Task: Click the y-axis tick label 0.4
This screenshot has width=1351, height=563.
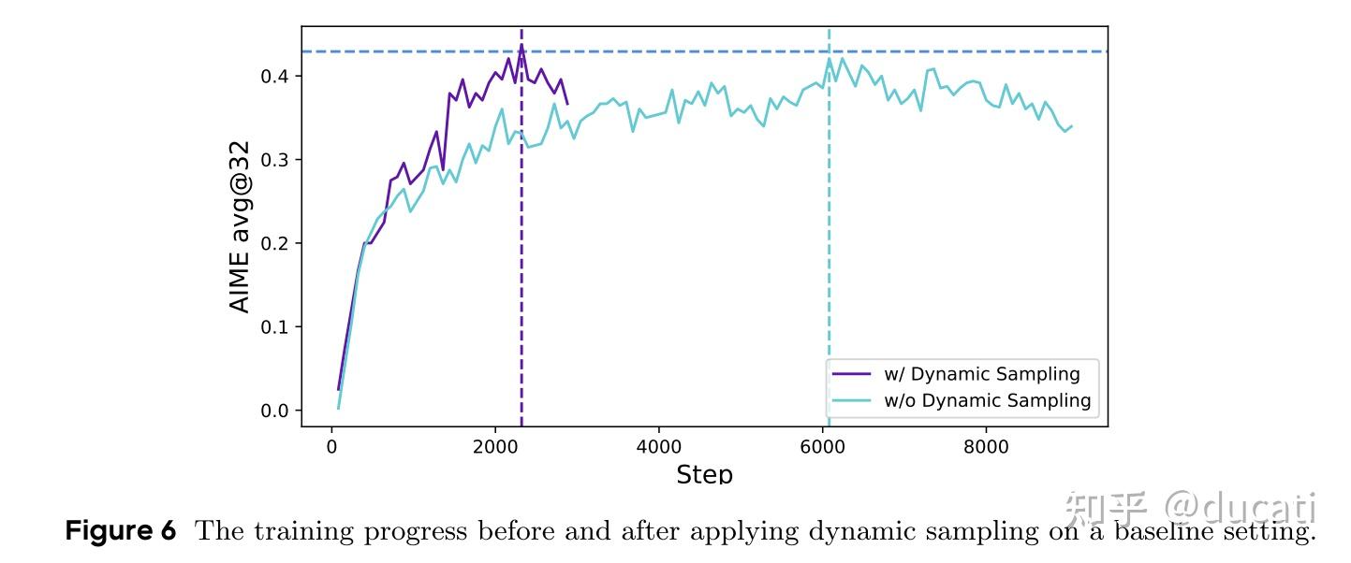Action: tap(274, 76)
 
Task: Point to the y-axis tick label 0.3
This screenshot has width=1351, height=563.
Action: tap(274, 160)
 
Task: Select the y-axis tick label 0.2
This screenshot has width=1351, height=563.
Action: tap(274, 243)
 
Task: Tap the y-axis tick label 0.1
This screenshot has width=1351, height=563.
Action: tap(274, 327)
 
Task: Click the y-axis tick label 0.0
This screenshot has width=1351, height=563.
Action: tap(274, 411)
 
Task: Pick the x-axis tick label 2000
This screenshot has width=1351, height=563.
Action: tap(495, 447)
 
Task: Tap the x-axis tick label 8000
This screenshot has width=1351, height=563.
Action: tap(986, 447)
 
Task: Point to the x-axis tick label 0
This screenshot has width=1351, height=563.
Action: tap(331, 447)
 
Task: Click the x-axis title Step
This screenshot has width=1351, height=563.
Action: tap(704, 474)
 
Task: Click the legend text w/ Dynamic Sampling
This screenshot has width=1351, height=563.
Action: tap(981, 375)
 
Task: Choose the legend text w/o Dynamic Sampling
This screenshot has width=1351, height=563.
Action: tap(987, 401)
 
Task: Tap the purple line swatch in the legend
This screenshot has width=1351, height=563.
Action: tap(853, 375)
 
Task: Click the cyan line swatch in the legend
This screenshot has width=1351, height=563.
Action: tap(853, 401)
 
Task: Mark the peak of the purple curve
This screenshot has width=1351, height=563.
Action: tap(521, 44)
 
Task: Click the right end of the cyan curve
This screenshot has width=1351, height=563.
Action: tap(1071, 126)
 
